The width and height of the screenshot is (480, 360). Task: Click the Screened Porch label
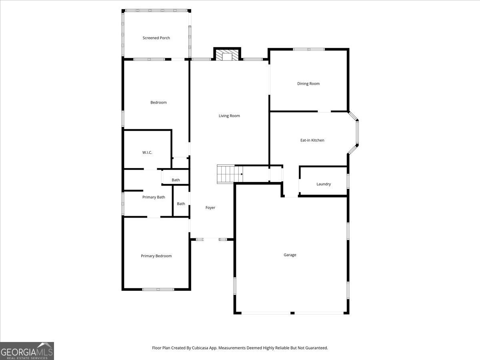click(x=156, y=38)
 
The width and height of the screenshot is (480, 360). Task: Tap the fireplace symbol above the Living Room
click(x=227, y=55)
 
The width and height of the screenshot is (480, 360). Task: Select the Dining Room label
click(x=308, y=84)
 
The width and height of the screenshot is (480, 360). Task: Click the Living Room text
click(x=229, y=116)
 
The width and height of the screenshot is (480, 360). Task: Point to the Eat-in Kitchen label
click(x=312, y=140)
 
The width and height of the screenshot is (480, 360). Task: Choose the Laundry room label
click(x=323, y=184)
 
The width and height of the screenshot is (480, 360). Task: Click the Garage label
click(x=290, y=255)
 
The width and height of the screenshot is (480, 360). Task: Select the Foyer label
click(x=210, y=208)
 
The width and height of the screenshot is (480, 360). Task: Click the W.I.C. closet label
click(x=147, y=152)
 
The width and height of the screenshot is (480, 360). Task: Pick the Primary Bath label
click(x=154, y=197)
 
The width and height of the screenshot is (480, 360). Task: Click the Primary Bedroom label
click(x=156, y=256)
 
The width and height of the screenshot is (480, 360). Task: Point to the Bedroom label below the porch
click(x=158, y=102)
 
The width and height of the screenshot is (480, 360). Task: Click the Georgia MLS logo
click(x=27, y=351)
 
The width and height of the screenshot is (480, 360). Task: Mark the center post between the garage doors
click(x=292, y=313)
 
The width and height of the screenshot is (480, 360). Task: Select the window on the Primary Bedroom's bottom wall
click(x=158, y=289)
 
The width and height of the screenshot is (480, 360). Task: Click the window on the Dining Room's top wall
click(x=309, y=49)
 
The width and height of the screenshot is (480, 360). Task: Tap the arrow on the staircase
click(x=241, y=174)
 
